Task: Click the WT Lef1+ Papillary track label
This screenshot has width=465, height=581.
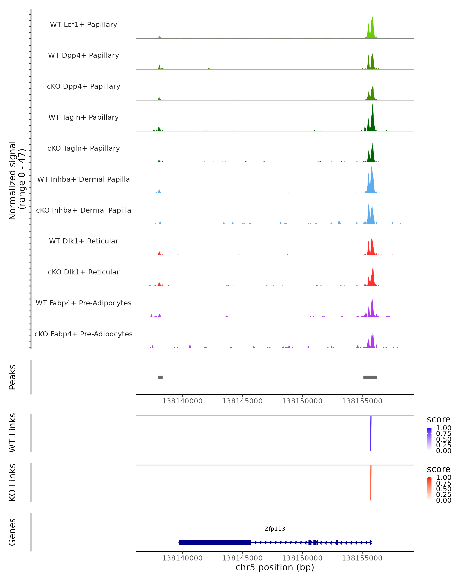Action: (x=84, y=25)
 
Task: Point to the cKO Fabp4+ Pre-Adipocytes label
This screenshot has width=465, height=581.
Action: (x=84, y=334)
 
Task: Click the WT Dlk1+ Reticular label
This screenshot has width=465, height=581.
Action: (x=84, y=241)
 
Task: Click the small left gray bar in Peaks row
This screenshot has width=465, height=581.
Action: (x=160, y=377)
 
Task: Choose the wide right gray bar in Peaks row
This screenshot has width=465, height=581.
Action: (x=370, y=377)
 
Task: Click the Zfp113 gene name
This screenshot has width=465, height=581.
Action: (x=275, y=529)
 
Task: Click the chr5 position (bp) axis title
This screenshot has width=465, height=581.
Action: (x=275, y=567)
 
